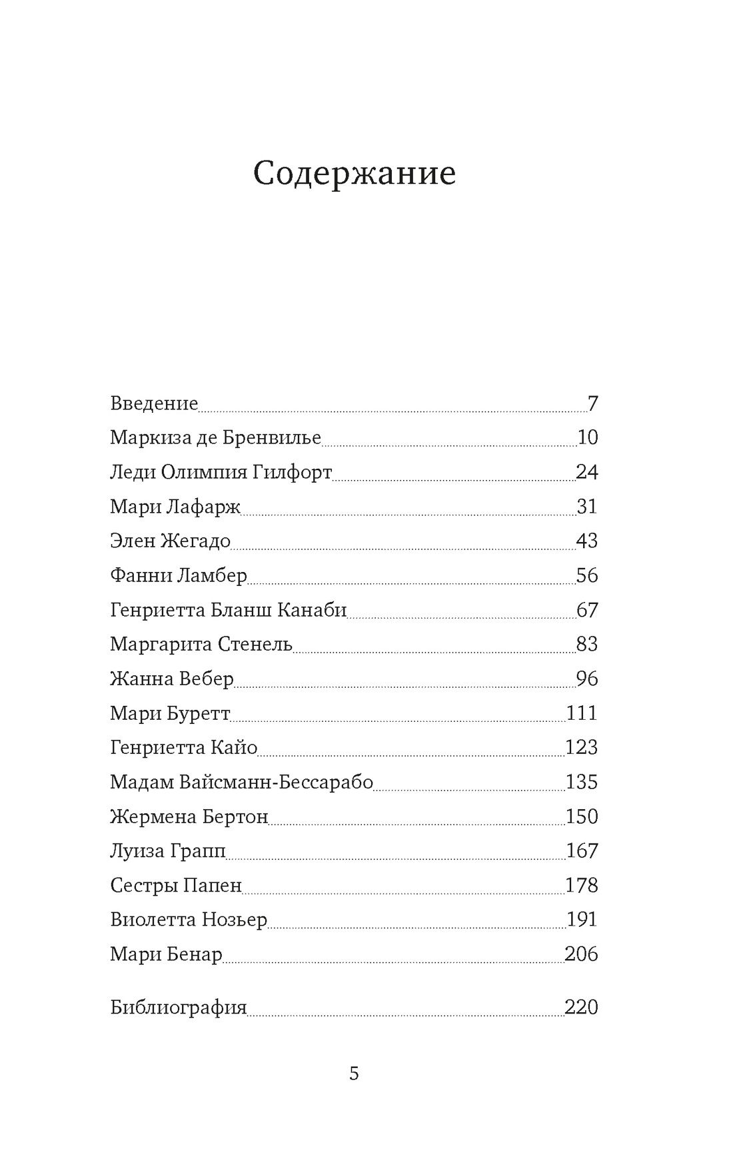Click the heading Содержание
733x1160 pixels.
tap(355, 174)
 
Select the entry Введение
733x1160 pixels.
tap(154, 404)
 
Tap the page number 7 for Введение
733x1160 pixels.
tap(593, 404)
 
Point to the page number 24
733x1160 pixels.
tap(587, 472)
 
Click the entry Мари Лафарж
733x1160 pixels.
tap(175, 507)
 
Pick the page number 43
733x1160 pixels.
tap(587, 541)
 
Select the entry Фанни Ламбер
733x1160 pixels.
tap(179, 575)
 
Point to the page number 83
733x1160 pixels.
tap(587, 644)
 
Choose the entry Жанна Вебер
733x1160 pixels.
tap(172, 679)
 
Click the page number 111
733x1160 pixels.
tap(582, 713)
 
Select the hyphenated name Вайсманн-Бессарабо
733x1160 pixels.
tap(276, 782)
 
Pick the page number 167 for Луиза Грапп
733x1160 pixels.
tap(582, 850)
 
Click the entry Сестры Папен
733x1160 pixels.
tap(176, 885)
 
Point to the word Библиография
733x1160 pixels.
tap(179, 1007)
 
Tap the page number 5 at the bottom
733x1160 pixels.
tap(354, 1073)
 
